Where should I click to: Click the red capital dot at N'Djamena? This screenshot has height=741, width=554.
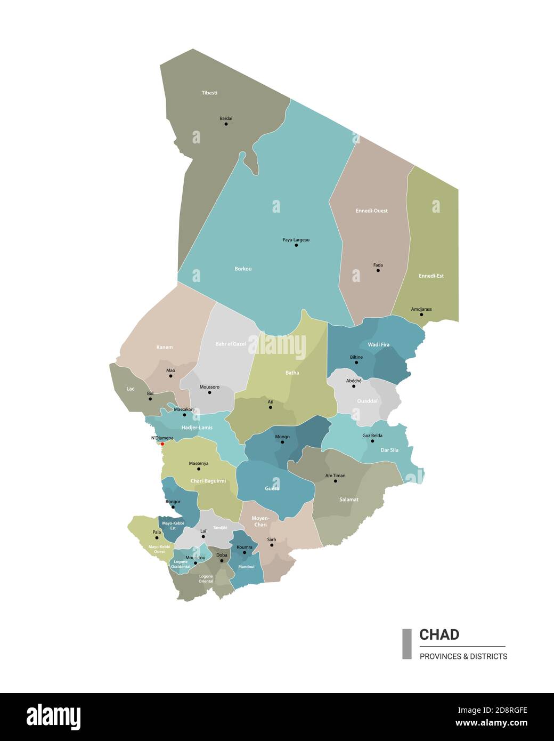pyautogui.click(x=162, y=444)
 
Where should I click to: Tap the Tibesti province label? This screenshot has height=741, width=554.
pyautogui.click(x=209, y=93)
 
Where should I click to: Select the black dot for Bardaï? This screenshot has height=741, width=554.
pyautogui.click(x=226, y=124)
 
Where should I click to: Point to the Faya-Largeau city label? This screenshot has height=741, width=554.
pyautogui.click(x=296, y=240)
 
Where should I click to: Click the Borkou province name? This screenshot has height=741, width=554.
pyautogui.click(x=243, y=269)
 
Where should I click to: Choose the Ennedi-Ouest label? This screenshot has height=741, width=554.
pyautogui.click(x=371, y=211)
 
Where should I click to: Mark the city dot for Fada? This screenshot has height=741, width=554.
pyautogui.click(x=378, y=270)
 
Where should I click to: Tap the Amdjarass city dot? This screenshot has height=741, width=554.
pyautogui.click(x=421, y=315)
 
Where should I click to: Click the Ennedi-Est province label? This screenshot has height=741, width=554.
pyautogui.click(x=431, y=276)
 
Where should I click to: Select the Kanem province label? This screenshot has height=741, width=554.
pyautogui.click(x=165, y=347)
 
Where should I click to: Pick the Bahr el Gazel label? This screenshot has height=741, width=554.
pyautogui.click(x=231, y=344)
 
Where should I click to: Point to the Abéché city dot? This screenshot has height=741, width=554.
pyautogui.click(x=354, y=386)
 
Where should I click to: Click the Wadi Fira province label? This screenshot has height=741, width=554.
pyautogui.click(x=378, y=344)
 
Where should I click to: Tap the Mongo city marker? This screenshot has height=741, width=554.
pyautogui.click(x=282, y=442)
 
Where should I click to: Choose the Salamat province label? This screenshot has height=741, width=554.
pyautogui.click(x=349, y=500)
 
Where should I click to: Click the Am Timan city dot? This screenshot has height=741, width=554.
pyautogui.click(x=336, y=481)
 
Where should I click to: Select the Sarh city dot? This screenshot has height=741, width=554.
pyautogui.click(x=272, y=545)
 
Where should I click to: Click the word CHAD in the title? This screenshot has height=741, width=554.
pyautogui.click(x=439, y=634)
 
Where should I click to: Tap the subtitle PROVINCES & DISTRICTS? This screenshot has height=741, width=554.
pyautogui.click(x=463, y=656)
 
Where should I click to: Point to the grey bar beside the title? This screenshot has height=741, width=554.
pyautogui.click(x=407, y=644)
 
